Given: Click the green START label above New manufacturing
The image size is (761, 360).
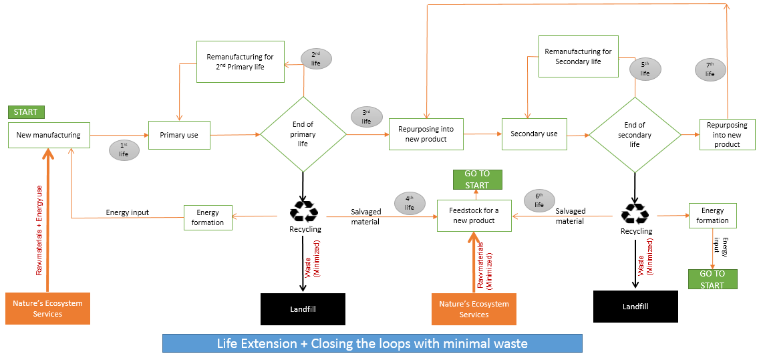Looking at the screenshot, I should click(25, 112).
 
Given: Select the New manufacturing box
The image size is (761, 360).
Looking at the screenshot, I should click(48, 135).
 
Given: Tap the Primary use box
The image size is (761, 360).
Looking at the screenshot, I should click(178, 135).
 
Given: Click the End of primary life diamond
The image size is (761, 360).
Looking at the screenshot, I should click(303, 134).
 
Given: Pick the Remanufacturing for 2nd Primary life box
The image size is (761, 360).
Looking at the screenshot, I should click(240, 61).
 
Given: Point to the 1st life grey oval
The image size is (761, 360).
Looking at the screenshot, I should click(124, 150).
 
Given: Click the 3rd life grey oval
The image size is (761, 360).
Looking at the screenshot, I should click(366, 116).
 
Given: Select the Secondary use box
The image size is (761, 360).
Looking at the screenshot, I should click(534, 134).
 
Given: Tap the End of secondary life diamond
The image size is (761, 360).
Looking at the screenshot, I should click(634, 134).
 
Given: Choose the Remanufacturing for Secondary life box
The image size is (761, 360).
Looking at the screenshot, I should click(578, 57).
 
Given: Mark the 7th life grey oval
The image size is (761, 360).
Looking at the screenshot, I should click(710, 69).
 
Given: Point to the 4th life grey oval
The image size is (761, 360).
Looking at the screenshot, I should click(410, 202).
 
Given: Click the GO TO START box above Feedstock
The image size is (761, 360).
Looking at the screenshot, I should click(477, 179).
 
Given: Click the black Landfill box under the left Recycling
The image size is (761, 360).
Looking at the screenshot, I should click(302, 309).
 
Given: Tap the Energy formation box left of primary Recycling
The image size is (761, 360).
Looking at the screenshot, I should click(208, 218).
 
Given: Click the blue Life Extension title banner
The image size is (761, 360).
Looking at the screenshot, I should click(372, 343).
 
